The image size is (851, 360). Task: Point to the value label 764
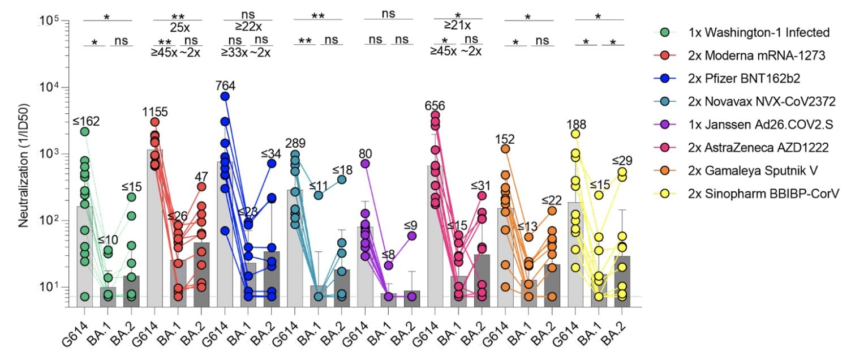(225, 85)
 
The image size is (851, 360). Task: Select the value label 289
(295, 143)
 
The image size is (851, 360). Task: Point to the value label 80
(365, 152)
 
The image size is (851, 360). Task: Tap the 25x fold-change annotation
(178, 27)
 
